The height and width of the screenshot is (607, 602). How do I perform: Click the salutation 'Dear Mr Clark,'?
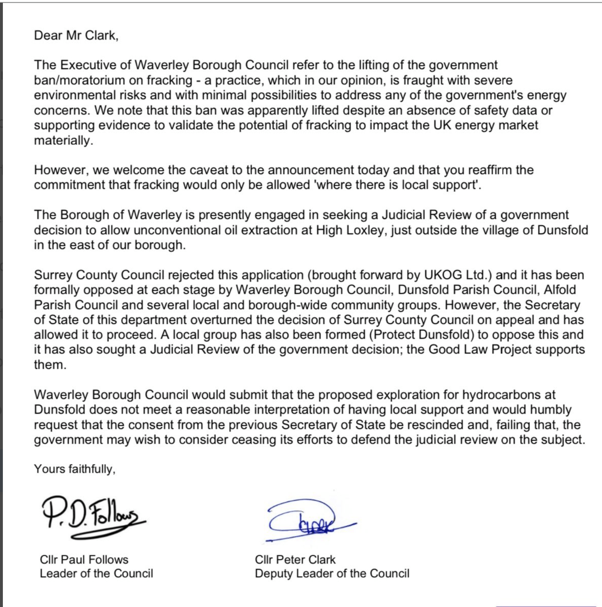point(76,35)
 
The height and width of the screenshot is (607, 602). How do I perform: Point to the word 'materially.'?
point(64,140)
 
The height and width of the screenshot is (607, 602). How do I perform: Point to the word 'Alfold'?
point(560,290)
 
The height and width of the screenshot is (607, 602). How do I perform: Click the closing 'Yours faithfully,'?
point(74,469)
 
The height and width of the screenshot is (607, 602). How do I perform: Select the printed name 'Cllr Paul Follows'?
point(84,559)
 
